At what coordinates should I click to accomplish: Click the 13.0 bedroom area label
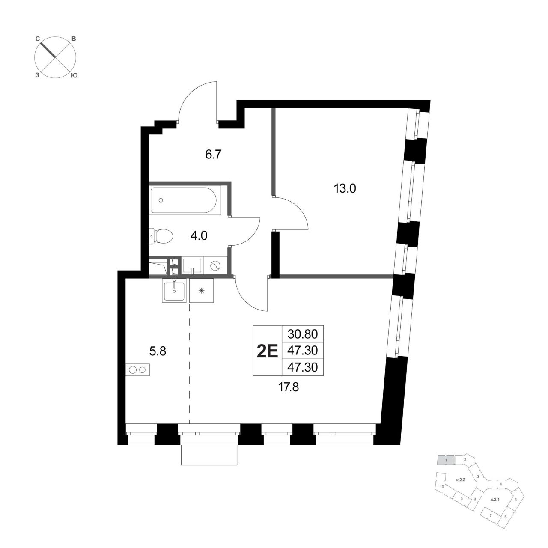(x=345, y=188)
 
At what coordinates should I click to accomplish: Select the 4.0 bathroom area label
(x=199, y=236)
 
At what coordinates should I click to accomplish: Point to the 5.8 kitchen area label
(x=158, y=352)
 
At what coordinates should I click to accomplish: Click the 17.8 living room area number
(x=289, y=387)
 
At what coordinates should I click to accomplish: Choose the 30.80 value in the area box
(x=303, y=334)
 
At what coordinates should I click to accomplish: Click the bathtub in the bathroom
(x=183, y=200)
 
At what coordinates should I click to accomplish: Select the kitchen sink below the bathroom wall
(x=174, y=290)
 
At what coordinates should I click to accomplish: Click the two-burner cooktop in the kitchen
(x=137, y=370)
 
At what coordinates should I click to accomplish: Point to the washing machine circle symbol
(x=215, y=266)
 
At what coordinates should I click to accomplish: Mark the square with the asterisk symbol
(x=201, y=290)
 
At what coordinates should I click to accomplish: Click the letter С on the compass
(x=37, y=39)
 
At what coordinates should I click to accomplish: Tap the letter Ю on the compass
(x=74, y=75)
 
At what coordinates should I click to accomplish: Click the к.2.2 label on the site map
(x=460, y=480)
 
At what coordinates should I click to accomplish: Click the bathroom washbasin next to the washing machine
(x=192, y=266)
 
